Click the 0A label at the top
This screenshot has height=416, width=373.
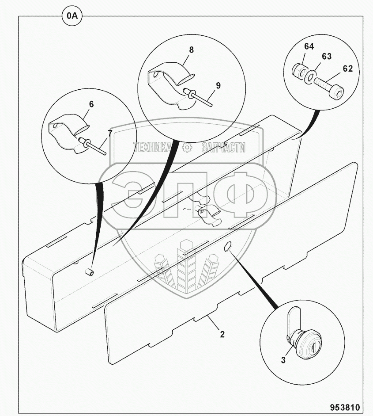tap(71, 17)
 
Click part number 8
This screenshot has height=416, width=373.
tap(191, 50)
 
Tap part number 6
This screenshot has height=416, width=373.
tap(91, 104)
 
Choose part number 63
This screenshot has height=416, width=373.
tap(327, 56)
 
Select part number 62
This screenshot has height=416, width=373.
tap(348, 69)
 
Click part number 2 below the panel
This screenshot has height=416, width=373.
tap(222, 335)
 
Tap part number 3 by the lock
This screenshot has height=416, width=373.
tap(283, 360)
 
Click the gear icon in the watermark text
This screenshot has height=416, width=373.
tap(187, 148)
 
